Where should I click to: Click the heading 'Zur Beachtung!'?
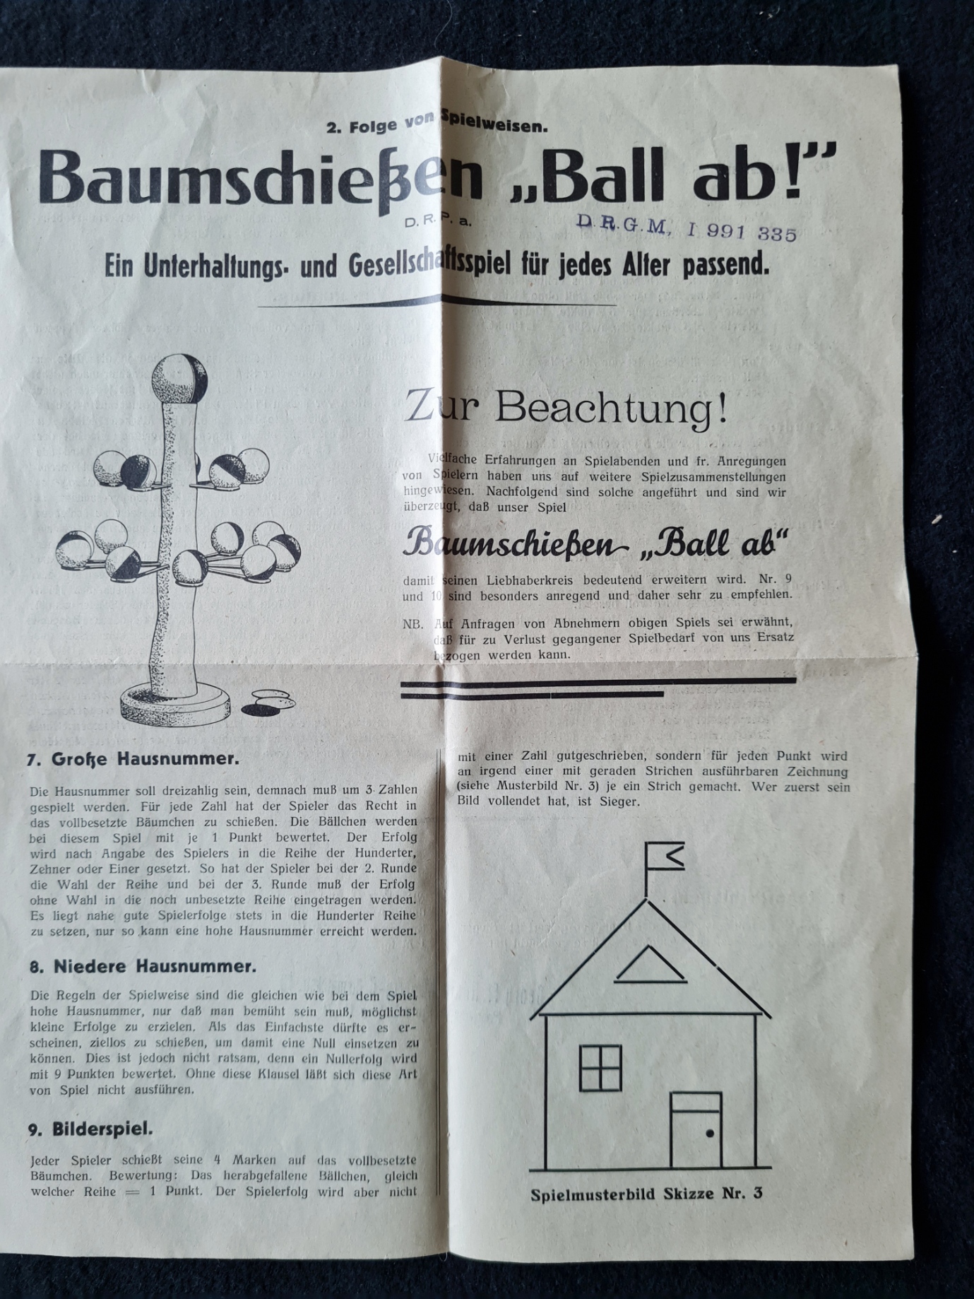(x=566, y=409)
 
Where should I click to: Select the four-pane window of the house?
(x=600, y=1068)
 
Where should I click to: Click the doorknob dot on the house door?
(x=710, y=1133)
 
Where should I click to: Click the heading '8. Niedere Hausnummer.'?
(x=143, y=966)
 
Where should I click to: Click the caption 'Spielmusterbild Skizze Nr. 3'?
(x=646, y=1194)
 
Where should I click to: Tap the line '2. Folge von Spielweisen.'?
(x=436, y=127)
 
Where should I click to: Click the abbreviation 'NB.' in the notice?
(x=413, y=624)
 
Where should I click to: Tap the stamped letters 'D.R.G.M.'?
(x=622, y=225)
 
